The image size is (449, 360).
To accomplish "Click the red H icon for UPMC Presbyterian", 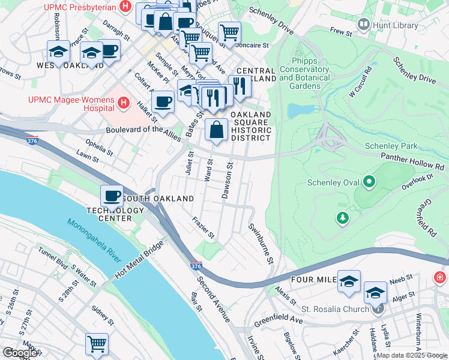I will pyautogui.click(x=125, y=7).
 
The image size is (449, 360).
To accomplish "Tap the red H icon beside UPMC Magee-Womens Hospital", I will pyautogui.click(x=124, y=103).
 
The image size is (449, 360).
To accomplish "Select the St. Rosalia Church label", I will pyautogui.click(x=343, y=309).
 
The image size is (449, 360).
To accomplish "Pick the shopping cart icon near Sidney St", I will pyautogui.click(x=97, y=344).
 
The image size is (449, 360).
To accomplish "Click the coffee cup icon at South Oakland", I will pyautogui.click(x=112, y=195).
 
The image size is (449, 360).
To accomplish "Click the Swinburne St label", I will pyautogui.click(x=261, y=244).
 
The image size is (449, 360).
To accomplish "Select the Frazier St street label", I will pyautogui.click(x=203, y=228).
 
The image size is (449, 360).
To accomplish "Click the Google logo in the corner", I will pyautogui.click(x=19, y=352).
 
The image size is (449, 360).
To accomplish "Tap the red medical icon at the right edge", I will pyautogui.click(x=440, y=277).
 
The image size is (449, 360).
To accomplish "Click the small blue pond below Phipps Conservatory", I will pyautogui.click(x=298, y=110).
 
